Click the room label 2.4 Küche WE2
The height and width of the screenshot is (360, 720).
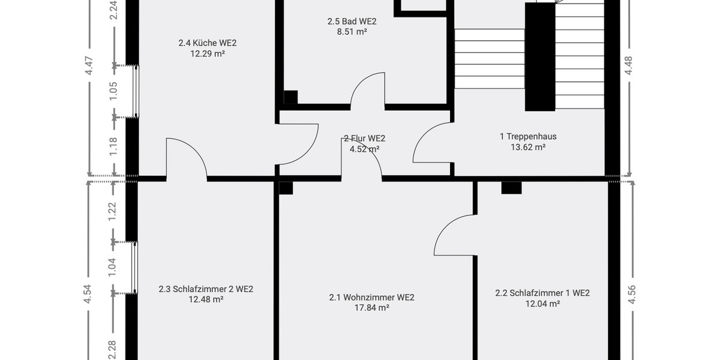click(x=203, y=43)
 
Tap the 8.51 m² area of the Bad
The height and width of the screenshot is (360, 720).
click(x=352, y=32)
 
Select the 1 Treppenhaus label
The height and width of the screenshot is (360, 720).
click(x=528, y=136)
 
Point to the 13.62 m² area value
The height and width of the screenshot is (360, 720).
click(x=528, y=147)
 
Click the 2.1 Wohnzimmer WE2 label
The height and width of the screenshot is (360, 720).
click(x=371, y=297)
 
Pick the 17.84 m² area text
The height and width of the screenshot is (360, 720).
click(x=371, y=308)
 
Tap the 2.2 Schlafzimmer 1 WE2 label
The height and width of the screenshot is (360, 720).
click(x=542, y=293)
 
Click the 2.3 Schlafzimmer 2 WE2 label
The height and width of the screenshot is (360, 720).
click(x=206, y=289)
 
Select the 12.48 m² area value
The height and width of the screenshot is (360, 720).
click(x=206, y=299)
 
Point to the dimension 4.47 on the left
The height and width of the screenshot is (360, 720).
click(x=89, y=65)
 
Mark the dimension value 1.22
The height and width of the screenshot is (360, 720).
click(x=112, y=211)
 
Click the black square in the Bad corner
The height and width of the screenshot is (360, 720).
click(x=290, y=97)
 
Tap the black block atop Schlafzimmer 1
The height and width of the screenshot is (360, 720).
click(x=511, y=188)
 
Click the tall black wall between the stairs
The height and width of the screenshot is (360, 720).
click(x=539, y=57)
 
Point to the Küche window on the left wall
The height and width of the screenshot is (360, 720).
click(x=136, y=91)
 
